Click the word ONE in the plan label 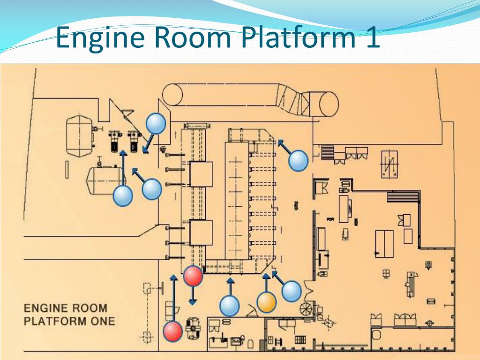103,321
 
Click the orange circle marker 266,302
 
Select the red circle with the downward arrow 193,276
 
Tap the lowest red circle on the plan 172,331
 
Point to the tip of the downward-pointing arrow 193,305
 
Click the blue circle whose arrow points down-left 156,123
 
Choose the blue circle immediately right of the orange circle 292,292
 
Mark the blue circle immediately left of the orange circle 229,306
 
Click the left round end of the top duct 172,95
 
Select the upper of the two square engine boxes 201,173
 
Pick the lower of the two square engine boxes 201,232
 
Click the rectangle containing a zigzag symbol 390,165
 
